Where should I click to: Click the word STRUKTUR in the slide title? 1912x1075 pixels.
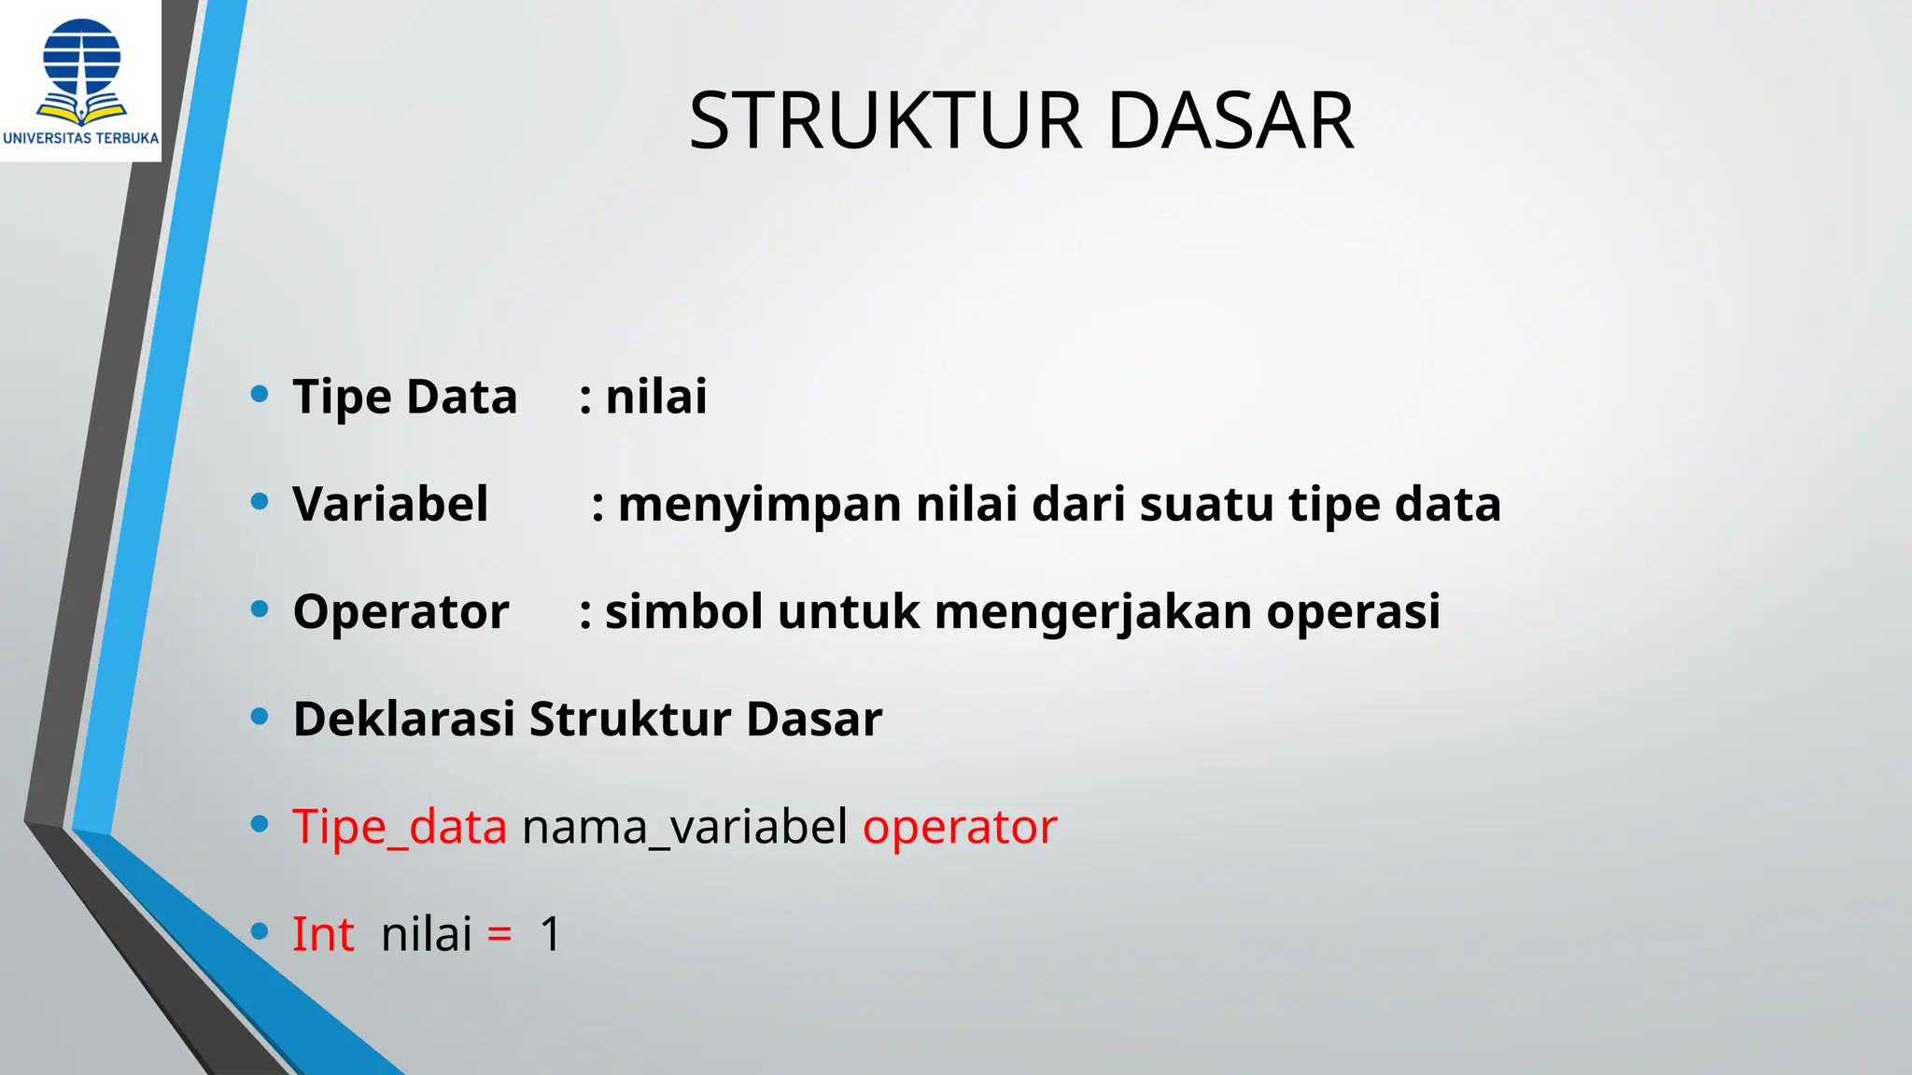[885, 121]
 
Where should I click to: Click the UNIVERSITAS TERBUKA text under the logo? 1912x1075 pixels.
[81, 138]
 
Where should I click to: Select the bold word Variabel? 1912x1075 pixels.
[390, 504]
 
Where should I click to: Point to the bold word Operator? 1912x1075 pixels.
[401, 612]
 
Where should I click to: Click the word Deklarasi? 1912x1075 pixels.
[403, 719]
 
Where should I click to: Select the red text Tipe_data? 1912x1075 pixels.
[400, 827]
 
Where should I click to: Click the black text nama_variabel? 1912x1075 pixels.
[684, 827]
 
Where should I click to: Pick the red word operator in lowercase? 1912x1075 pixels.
[960, 827]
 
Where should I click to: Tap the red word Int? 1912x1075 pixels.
[323, 934]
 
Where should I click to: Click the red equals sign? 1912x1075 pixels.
[499, 935]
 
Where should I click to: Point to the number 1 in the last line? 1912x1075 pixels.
[551, 934]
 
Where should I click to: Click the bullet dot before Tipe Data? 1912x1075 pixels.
[260, 394]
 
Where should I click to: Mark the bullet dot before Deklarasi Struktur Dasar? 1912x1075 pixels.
[260, 717]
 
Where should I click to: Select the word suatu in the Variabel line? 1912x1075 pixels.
[1206, 505]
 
